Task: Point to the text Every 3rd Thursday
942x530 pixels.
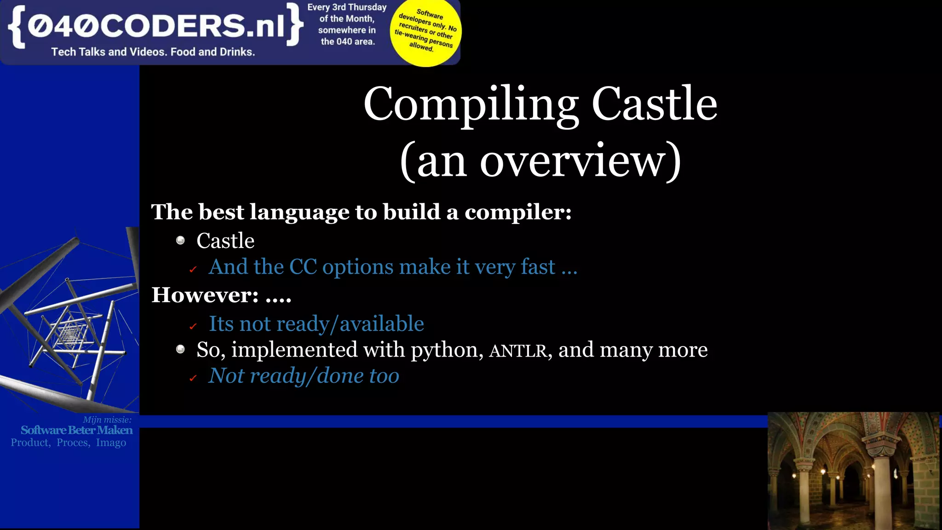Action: point(347,7)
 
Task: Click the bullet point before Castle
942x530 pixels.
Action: point(180,241)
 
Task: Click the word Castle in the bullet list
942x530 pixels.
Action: point(225,241)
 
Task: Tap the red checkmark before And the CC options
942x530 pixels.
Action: point(193,270)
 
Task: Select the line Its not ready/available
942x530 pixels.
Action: point(316,324)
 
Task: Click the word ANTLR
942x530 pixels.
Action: point(517,351)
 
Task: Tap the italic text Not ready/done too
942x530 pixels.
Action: point(304,376)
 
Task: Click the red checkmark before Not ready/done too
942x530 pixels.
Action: point(193,378)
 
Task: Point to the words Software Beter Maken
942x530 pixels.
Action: point(76,430)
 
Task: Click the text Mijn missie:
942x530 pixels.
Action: point(107,420)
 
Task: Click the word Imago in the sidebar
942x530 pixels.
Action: point(111,443)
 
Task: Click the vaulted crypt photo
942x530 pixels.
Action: point(854,471)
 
